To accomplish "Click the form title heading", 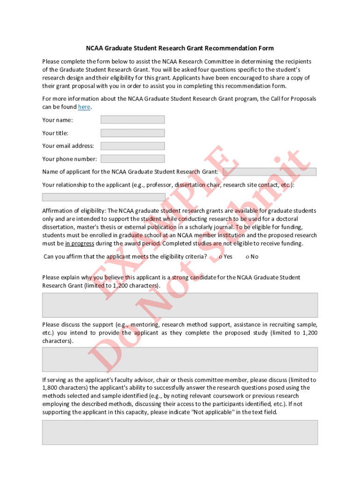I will pyautogui.click(x=180, y=48).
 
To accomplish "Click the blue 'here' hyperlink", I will pyautogui.click(x=84, y=107).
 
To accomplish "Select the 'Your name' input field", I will pyautogui.click(x=132, y=120).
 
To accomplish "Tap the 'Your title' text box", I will pyautogui.click(x=132, y=133).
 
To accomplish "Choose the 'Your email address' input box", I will pyautogui.click(x=132, y=146).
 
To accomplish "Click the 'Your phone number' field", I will pyautogui.click(x=132, y=159).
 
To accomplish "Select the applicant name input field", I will pyautogui.click(x=269, y=172).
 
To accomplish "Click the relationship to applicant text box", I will pyautogui.click(x=104, y=197).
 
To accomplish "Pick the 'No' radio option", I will pyautogui.click(x=247, y=257).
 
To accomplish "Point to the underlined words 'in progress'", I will pyautogui.click(x=79, y=244).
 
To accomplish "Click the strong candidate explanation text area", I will pyautogui.click(x=180, y=305).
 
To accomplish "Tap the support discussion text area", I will pyautogui.click(x=180, y=359).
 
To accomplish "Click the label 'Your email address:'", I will pyautogui.click(x=68, y=146).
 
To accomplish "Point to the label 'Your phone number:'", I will pyautogui.click(x=70, y=159).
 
